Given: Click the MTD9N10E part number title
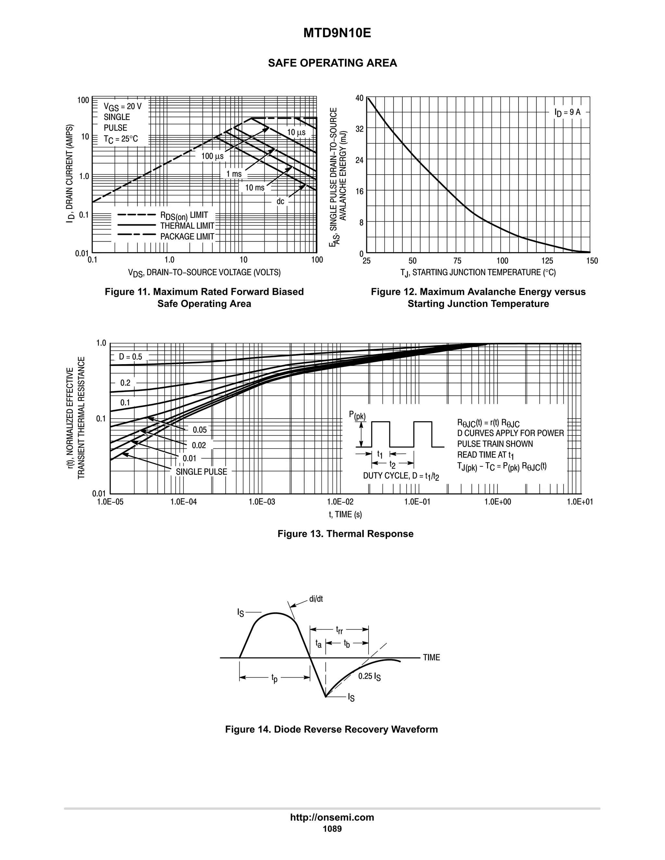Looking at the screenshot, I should (x=337, y=33).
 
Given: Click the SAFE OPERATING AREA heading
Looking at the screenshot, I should (x=332, y=63).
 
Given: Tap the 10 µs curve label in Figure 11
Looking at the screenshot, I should (x=296, y=133).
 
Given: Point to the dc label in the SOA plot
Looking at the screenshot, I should (x=280, y=202).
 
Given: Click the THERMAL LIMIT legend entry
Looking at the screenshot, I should (x=187, y=226).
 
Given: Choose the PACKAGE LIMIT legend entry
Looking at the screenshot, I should (x=187, y=237).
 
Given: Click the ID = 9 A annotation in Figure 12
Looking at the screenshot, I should (x=567, y=112).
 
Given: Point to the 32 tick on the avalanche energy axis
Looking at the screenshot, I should (x=359, y=129).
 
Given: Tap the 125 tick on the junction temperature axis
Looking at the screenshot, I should (x=547, y=261).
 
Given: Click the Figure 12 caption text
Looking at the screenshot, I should (x=478, y=298).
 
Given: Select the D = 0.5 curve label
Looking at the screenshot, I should (x=131, y=357).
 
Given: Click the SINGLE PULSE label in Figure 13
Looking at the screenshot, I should (x=201, y=472).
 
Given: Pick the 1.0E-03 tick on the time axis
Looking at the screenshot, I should (x=262, y=502).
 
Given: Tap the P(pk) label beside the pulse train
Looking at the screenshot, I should (x=357, y=415).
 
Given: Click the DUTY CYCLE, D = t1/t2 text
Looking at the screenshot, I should (x=401, y=476).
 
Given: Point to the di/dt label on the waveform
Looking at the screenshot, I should (x=316, y=599).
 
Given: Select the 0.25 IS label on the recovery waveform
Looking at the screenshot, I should (x=369, y=677).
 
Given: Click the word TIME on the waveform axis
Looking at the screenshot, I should (x=432, y=657).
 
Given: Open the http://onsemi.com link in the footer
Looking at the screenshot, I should (x=332, y=817).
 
